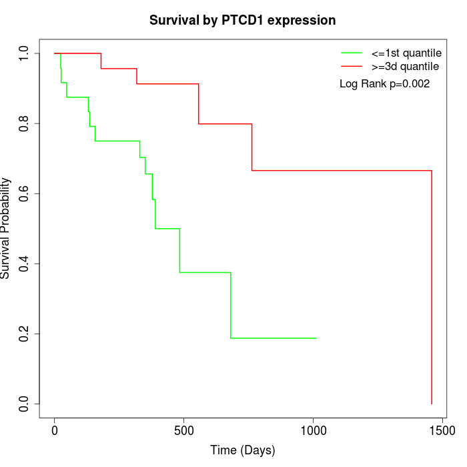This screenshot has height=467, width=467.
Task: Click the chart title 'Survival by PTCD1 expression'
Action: click(242, 21)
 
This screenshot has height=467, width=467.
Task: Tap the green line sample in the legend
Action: click(352, 53)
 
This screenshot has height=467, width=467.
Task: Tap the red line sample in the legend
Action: click(352, 66)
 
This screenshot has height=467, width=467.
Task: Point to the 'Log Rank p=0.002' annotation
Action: click(384, 84)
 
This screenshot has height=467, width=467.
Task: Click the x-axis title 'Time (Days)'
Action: click(242, 451)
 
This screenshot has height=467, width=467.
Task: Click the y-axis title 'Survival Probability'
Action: click(6, 227)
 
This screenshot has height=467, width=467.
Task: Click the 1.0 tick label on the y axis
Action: click(25, 53)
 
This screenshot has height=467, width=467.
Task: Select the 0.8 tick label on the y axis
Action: click(25, 123)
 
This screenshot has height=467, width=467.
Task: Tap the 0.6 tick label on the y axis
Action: click(25, 193)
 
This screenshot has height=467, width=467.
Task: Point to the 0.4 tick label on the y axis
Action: click(25, 264)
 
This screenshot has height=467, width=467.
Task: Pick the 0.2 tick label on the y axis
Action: click(25, 334)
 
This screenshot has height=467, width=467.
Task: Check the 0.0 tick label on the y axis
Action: click(25, 404)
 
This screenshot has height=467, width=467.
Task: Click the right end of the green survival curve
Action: click(316, 338)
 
